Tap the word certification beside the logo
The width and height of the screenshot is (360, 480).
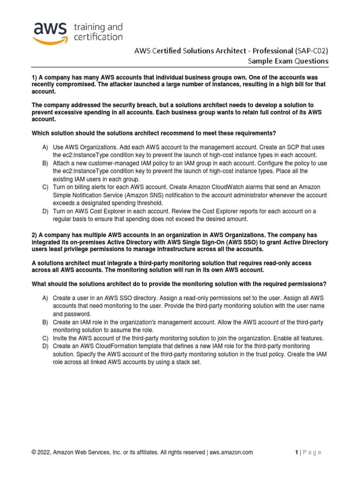coord(98,37)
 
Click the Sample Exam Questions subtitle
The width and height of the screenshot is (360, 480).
coord(288,61)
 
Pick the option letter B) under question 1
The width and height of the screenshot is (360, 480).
coord(45,163)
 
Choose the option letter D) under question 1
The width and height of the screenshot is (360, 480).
coord(45,211)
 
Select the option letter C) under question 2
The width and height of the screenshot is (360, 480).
coord(45,338)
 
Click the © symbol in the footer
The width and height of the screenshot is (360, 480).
coord(34,452)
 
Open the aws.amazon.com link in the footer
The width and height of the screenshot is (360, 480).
coord(231,452)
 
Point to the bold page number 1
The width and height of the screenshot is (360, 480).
coord(297,452)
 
